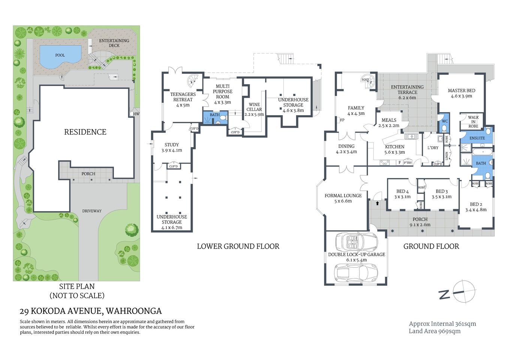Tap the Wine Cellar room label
(x=254, y=107)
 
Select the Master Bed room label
(x=461, y=91)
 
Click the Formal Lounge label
(x=343, y=196)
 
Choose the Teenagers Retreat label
(x=183, y=97)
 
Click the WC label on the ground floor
(x=445, y=121)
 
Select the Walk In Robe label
(x=473, y=122)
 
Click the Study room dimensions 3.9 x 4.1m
(x=172, y=150)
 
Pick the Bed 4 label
(x=402, y=192)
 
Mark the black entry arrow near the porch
(x=377, y=203)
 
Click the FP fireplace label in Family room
(x=342, y=120)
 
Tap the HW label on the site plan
(x=136, y=114)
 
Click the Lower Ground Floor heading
(x=238, y=246)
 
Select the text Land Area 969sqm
(x=434, y=331)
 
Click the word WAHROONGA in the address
(x=134, y=311)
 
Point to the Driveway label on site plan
(x=92, y=211)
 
